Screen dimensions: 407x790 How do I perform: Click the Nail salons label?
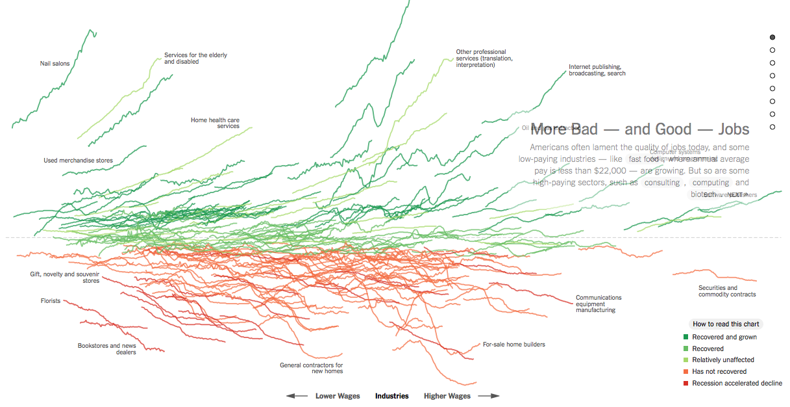[55, 64]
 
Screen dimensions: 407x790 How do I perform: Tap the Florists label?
[50, 301]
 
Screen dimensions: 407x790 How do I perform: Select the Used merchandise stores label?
[78, 161]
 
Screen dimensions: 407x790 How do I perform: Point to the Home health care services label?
[215, 123]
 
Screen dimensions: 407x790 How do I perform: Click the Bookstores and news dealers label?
[107, 349]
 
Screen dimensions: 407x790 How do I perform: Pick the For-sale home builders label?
[513, 345]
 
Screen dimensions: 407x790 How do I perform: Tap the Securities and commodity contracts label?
[727, 291]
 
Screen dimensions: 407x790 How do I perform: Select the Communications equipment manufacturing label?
[599, 304]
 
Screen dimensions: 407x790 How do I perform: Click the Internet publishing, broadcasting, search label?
[597, 70]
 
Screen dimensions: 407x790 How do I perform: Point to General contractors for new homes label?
[311, 368]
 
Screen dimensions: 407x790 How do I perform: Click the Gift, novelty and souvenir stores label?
[65, 278]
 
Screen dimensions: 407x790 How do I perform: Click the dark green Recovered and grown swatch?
[685, 337]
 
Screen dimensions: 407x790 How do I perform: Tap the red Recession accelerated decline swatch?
[685, 384]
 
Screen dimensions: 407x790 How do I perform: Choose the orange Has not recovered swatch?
[685, 372]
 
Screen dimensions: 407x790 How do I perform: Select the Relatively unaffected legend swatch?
[685, 360]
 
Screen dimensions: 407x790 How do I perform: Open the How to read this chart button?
[726, 324]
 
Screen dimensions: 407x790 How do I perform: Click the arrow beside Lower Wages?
[297, 396]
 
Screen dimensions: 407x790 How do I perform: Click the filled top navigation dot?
[772, 38]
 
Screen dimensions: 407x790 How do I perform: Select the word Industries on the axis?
[392, 396]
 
